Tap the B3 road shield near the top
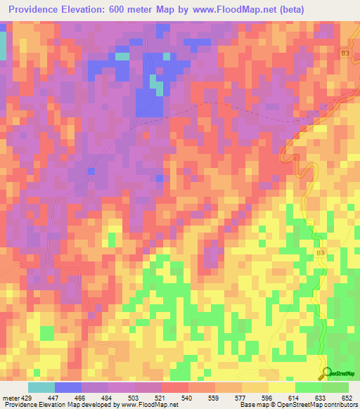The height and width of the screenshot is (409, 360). [x=345, y=53]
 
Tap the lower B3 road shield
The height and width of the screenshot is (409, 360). [x=321, y=253]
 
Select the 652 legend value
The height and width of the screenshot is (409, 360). [x=345, y=397]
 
